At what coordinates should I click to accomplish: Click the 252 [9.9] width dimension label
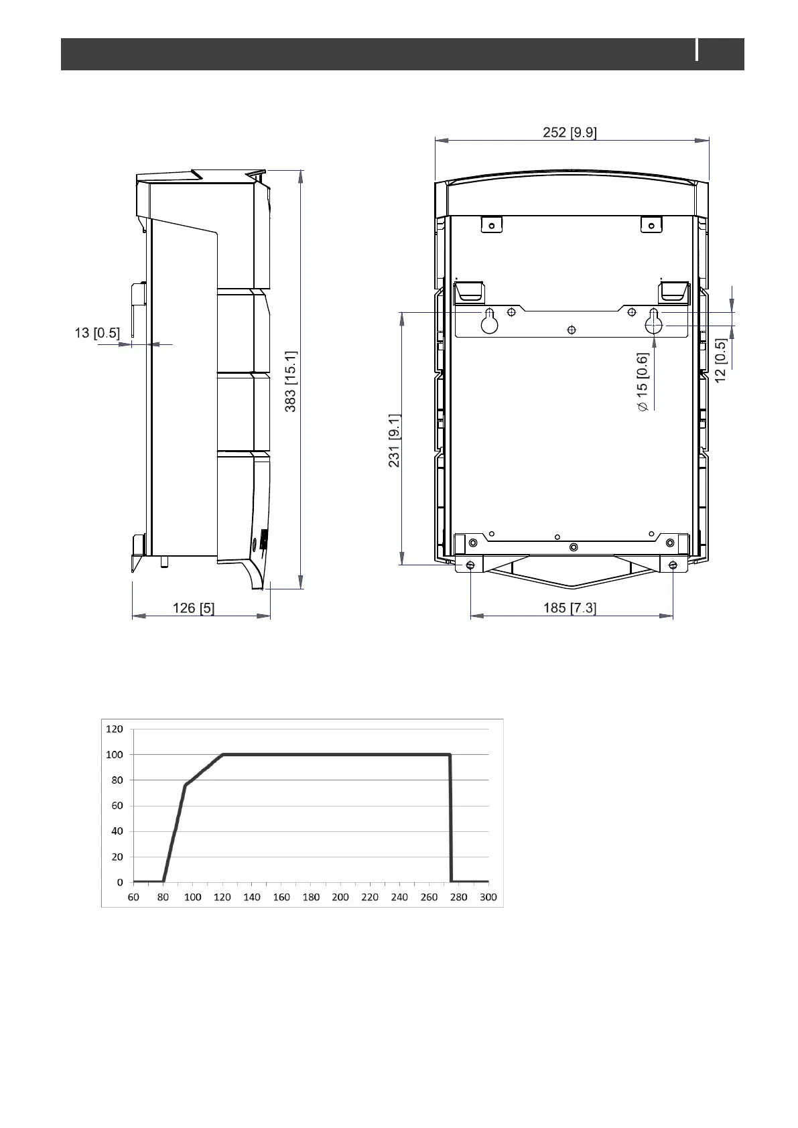pos(570,133)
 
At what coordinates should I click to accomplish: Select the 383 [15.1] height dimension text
pos(291,381)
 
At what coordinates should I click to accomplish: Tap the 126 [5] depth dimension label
pos(194,608)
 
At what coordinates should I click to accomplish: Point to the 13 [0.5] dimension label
pos(97,333)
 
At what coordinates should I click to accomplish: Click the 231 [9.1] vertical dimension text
pos(394,441)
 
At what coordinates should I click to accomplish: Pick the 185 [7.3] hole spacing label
pos(570,608)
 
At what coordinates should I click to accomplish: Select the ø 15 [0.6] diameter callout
pos(643,382)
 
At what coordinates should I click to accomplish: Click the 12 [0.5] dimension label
pos(721,360)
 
